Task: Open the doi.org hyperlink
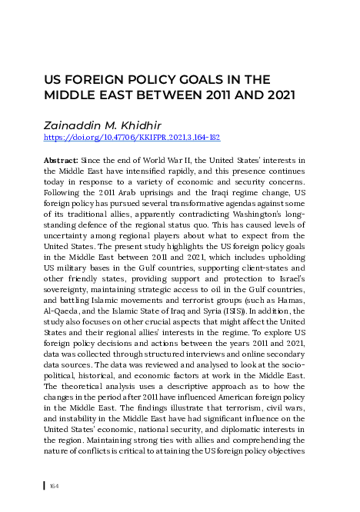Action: (132, 138)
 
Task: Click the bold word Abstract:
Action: (60, 159)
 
